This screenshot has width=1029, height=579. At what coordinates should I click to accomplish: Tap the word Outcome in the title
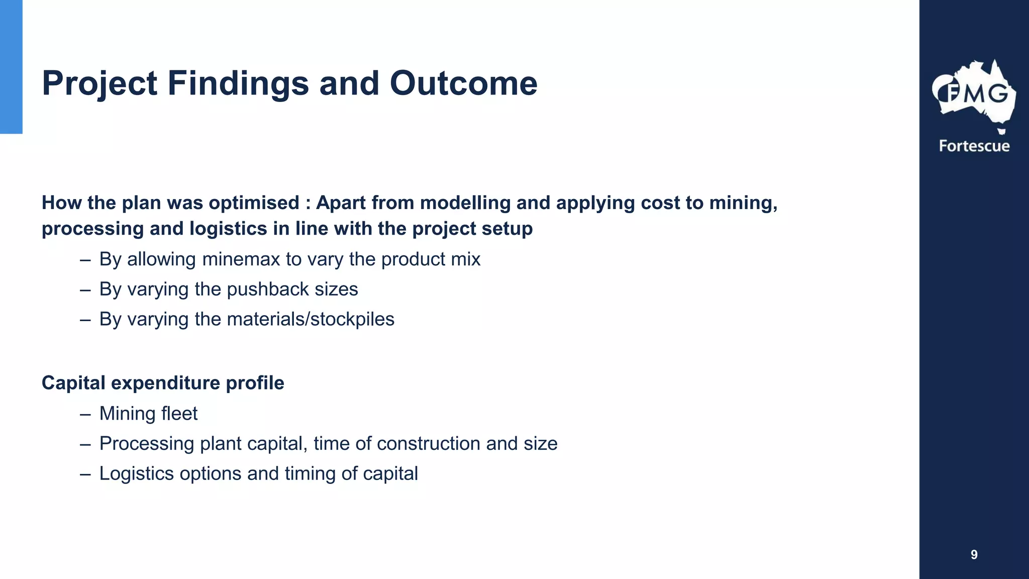[x=463, y=83]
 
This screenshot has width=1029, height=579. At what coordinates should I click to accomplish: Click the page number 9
[x=974, y=554]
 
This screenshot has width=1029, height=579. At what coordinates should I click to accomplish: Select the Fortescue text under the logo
[x=974, y=146]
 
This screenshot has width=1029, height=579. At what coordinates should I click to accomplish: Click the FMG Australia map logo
[x=974, y=94]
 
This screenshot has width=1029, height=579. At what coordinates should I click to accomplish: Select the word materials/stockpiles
[x=311, y=319]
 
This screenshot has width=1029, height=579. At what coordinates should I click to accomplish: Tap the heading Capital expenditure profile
[x=163, y=383]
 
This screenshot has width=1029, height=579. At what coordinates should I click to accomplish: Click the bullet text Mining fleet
[x=148, y=414]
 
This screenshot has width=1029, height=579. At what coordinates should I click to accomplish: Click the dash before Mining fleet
[x=85, y=414]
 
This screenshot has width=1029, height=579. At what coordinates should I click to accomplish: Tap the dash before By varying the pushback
[x=85, y=290]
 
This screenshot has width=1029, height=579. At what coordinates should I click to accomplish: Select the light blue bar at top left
[x=11, y=66]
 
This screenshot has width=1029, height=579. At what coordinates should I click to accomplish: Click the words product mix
[x=431, y=259]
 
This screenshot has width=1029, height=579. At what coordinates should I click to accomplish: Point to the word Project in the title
[x=99, y=83]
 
